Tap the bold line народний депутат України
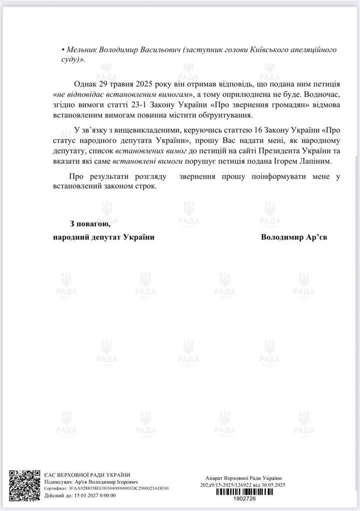coord(103,237)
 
